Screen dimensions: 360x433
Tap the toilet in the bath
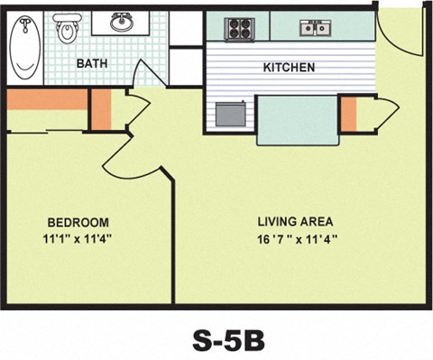[68, 31]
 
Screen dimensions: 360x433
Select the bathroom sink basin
[123, 23]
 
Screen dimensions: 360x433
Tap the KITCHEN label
[289, 68]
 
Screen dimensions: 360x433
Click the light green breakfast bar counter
[297, 119]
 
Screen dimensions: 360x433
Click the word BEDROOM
[78, 223]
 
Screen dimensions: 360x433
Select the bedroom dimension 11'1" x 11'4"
[78, 239]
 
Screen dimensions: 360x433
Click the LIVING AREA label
[295, 221]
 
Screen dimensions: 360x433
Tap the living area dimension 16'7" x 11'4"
[295, 239]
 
